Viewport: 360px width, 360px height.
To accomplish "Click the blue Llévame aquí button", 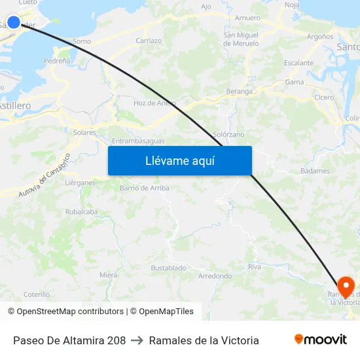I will (x=179, y=160).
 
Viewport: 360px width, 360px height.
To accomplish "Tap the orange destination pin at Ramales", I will (x=345, y=286).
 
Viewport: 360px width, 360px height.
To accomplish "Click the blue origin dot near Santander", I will (x=14, y=22).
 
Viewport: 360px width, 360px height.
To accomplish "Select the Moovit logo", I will (x=321, y=340).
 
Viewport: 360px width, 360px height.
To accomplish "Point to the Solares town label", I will (x=85, y=132).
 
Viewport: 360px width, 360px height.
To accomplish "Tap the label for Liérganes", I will (x=80, y=183).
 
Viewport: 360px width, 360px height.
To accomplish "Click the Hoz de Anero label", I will (x=155, y=103).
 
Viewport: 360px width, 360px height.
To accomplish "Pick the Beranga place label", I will (x=239, y=91).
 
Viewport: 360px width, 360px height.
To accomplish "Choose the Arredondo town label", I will (x=215, y=276).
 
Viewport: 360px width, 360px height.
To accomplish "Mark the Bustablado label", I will (x=168, y=268).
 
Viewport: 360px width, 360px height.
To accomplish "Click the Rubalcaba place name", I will (x=81, y=211).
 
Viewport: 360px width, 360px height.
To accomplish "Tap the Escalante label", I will (x=299, y=63).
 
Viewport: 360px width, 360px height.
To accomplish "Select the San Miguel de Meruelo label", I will (x=242, y=39).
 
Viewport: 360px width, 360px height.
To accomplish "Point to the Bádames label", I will (x=315, y=171).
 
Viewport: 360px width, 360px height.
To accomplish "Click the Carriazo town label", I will (x=149, y=41).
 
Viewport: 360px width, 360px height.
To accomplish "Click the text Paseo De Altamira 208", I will (x=69, y=340).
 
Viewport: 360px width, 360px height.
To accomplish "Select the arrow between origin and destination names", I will (x=137, y=340).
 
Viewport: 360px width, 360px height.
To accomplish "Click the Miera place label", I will (x=109, y=275).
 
